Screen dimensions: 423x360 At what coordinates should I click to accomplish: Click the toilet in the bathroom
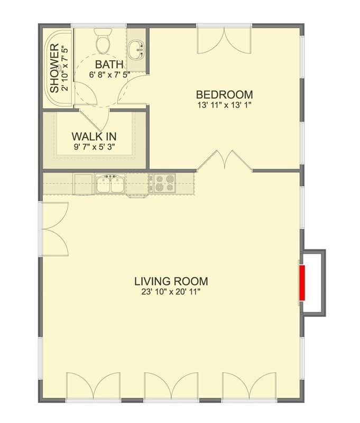(103, 41)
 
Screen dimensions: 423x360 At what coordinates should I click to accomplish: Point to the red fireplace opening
(303, 283)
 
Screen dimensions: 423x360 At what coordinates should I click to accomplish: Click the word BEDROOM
(224, 95)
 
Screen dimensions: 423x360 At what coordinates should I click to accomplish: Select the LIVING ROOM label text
(171, 281)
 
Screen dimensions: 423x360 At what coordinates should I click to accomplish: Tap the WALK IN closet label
(94, 136)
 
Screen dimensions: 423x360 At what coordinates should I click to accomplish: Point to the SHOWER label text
(54, 69)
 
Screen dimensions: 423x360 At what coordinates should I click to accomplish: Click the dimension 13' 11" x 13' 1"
(224, 105)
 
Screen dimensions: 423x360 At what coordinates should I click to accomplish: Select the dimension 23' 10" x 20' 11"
(171, 291)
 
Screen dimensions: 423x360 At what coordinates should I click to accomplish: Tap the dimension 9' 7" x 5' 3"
(94, 147)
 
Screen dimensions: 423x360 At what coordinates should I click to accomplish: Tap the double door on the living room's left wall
(53, 228)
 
